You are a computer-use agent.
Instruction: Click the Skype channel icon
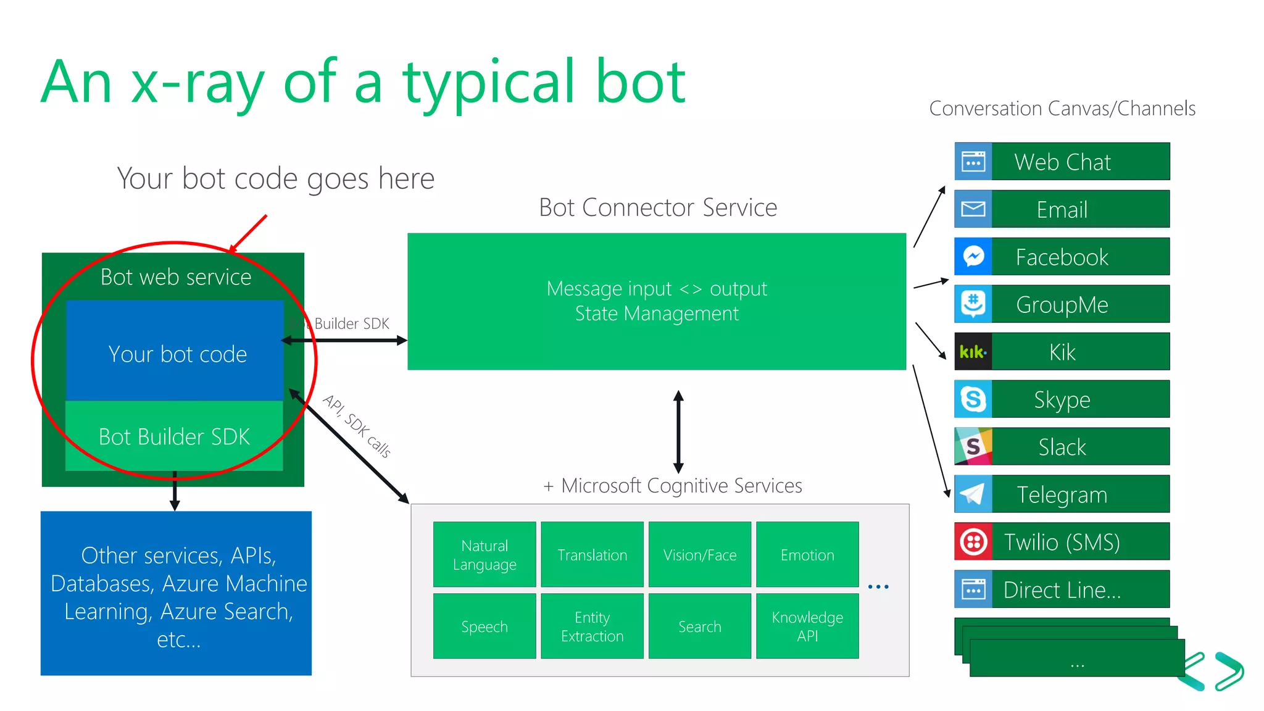click(x=973, y=399)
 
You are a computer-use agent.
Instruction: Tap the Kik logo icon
click(x=973, y=352)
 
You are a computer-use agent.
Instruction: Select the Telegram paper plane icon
click(x=973, y=494)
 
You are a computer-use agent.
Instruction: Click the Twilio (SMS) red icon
click(x=973, y=542)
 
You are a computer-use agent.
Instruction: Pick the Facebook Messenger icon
click(x=973, y=257)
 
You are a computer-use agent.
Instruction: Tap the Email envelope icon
click(x=973, y=209)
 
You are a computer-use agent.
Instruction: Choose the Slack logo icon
click(x=973, y=447)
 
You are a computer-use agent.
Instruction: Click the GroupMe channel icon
click(x=973, y=304)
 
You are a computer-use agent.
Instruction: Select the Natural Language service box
click(x=484, y=555)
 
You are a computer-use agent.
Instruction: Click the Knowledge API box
click(x=807, y=626)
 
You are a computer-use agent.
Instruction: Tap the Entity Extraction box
click(x=592, y=626)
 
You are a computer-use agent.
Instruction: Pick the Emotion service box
click(x=807, y=555)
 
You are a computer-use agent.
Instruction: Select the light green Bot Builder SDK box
click(x=174, y=436)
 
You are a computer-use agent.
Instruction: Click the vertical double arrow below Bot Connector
click(x=678, y=431)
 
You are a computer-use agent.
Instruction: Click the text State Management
click(x=657, y=314)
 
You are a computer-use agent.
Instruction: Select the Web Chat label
click(x=1062, y=162)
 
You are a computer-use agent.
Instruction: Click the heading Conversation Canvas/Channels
click(x=1062, y=109)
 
